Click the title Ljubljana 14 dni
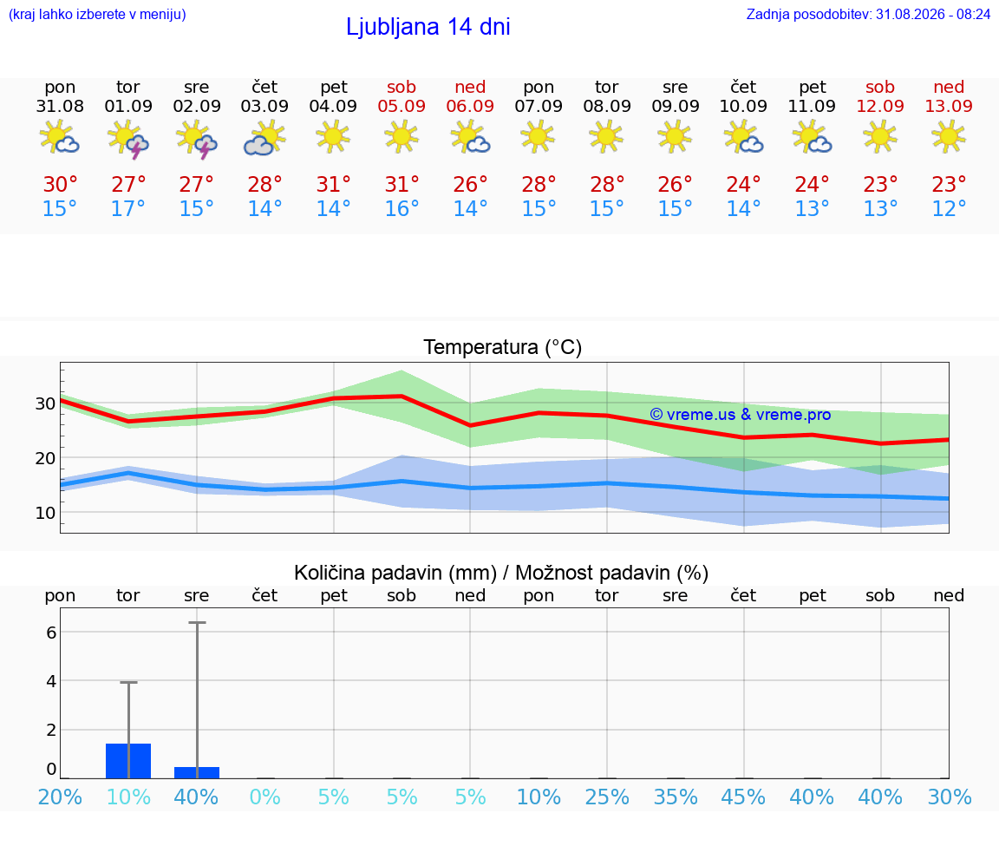coord(428,27)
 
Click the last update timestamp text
coord(868,14)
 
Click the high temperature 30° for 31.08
coord(60,184)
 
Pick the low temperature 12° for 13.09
coord(949,208)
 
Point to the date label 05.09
coord(402,106)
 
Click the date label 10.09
coord(743,106)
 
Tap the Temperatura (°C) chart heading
coord(503,347)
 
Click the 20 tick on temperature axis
coord(45,458)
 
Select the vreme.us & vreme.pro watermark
coord(741,415)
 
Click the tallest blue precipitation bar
coord(128,761)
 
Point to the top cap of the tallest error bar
coord(197,622)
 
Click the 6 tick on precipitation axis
coord(51,632)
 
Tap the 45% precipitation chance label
coord(743,797)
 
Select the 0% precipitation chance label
coord(265,797)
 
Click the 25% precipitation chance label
coord(606,797)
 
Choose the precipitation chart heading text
coord(501,573)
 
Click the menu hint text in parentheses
coord(97,14)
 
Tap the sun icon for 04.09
coord(333,136)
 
